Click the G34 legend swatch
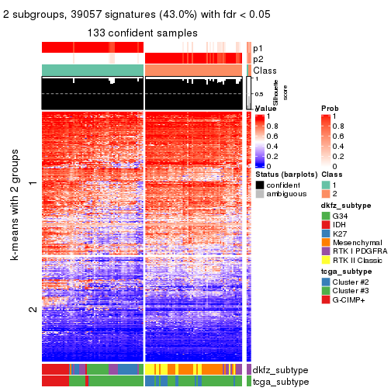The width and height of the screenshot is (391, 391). [326, 215]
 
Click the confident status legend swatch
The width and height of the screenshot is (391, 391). [259, 185]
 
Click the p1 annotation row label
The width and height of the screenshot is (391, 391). [258, 48]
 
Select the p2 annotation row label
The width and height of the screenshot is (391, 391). [258, 59]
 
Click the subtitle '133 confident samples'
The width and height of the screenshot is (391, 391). [143, 32]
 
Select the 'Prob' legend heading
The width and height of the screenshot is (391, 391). [330, 108]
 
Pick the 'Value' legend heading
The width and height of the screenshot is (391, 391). [265, 109]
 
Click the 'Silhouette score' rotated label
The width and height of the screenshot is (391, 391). [261, 93]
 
